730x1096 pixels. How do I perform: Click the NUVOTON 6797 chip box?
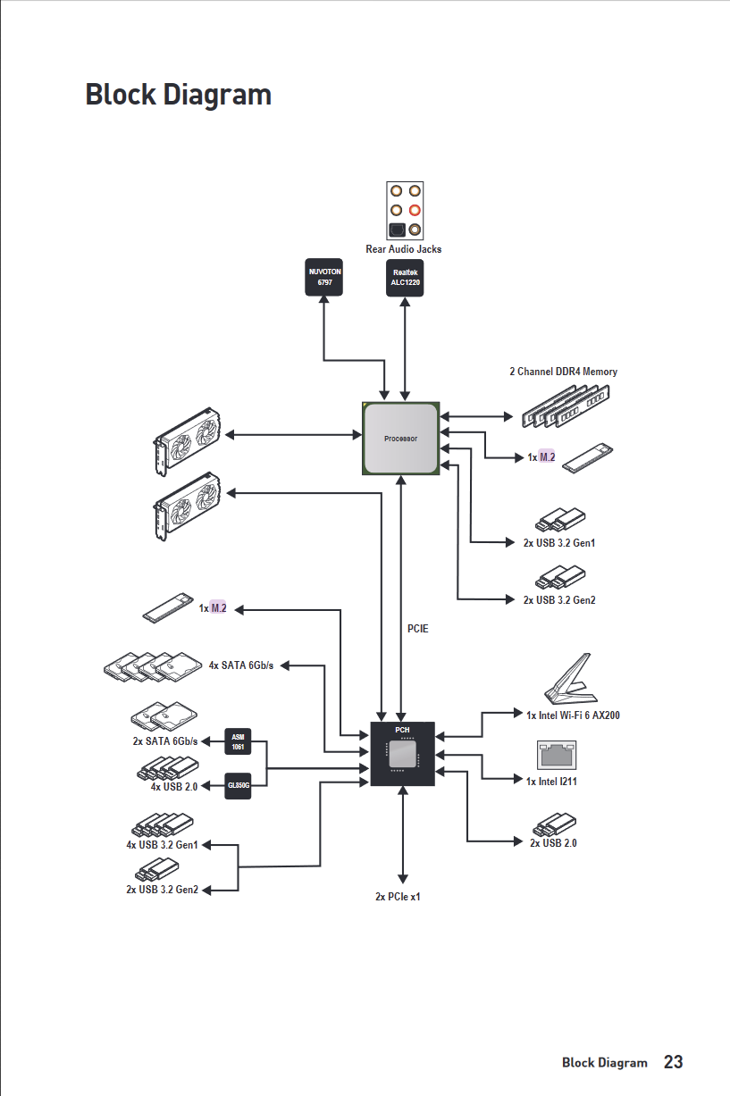[324, 277]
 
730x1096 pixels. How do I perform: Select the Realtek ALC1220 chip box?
[405, 278]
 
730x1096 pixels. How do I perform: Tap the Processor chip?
[400, 439]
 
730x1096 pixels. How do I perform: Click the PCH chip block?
[402, 754]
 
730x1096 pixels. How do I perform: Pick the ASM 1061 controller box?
[238, 741]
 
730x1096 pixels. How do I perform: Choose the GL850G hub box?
[238, 786]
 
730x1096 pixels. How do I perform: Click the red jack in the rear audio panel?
[415, 211]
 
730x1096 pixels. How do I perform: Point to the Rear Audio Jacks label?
[404, 249]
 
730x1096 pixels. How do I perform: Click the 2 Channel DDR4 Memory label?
[563, 372]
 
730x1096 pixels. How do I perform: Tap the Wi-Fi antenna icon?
[571, 678]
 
